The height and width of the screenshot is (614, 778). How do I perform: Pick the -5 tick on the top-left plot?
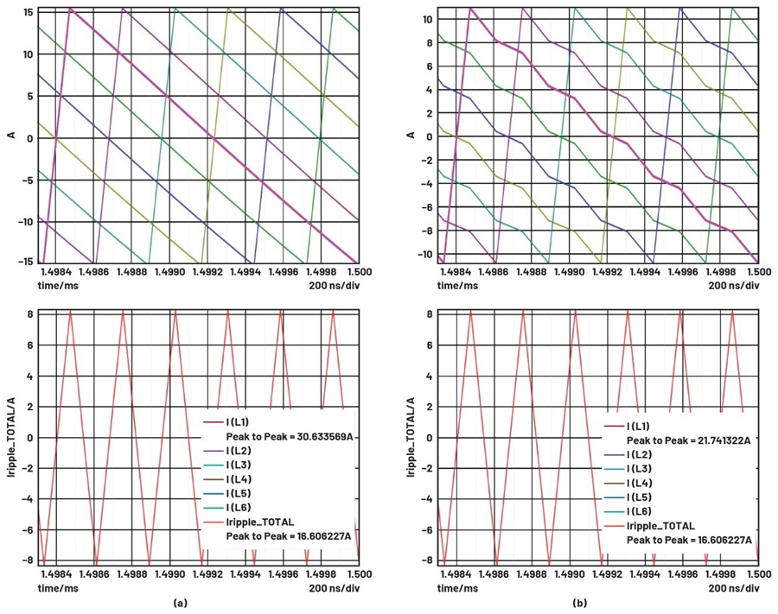[x=27, y=180]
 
